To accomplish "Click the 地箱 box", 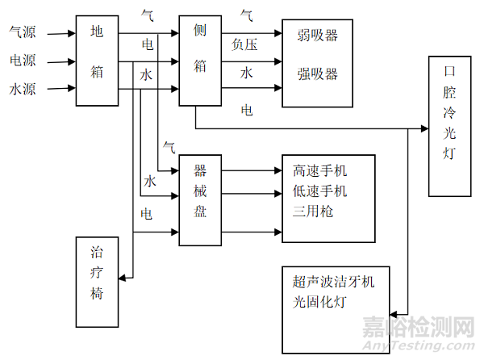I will (98, 59).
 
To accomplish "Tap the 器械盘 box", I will (200, 200).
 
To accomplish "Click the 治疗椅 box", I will (96, 280).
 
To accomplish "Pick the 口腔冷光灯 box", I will (449, 126).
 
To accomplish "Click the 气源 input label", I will (22, 34).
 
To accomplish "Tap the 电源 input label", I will (22, 61).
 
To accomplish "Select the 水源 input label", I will (22, 86).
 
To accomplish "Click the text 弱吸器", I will (317, 36).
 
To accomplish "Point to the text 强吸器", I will (317, 74).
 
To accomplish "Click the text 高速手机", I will (320, 171).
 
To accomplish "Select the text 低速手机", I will (320, 191).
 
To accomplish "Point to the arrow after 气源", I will (58, 34).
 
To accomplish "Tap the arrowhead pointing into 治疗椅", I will (123, 278).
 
